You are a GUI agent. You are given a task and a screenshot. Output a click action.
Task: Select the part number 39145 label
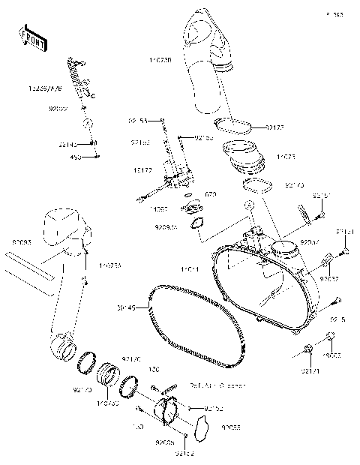click(x=126, y=307)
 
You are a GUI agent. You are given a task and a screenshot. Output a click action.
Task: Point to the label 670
click(x=211, y=194)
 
